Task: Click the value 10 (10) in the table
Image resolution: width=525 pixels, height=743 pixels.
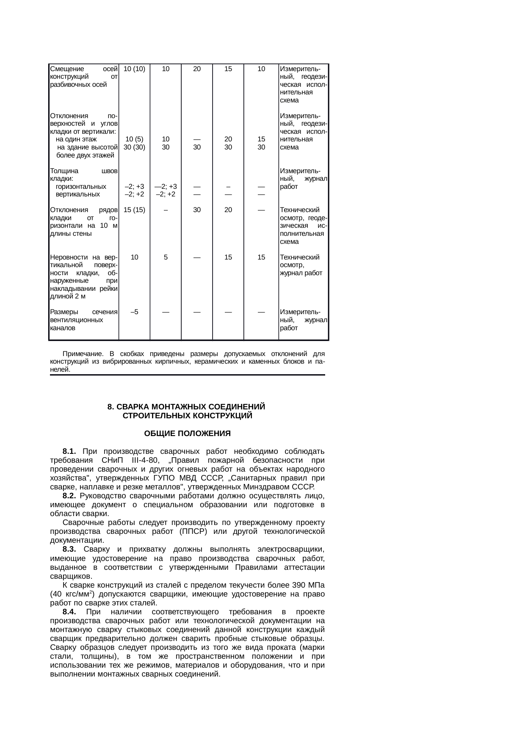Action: click(134, 69)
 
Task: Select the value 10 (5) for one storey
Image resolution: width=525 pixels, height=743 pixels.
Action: click(134, 139)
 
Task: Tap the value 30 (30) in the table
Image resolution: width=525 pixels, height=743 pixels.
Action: click(134, 147)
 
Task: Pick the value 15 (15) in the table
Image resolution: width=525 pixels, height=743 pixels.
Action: click(134, 210)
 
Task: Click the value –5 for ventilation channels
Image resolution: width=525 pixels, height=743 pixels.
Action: click(134, 312)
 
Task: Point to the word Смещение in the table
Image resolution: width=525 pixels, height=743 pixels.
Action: click(67, 69)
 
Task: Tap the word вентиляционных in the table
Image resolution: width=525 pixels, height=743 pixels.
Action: click(76, 320)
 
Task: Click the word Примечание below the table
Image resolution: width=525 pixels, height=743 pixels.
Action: click(83, 354)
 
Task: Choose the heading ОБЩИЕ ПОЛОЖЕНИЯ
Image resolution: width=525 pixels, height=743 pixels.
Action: click(187, 434)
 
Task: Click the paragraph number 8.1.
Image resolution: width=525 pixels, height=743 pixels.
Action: click(69, 450)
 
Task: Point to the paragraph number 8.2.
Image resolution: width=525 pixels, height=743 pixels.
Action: click(69, 496)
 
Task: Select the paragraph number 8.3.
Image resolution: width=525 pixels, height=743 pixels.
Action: click(69, 550)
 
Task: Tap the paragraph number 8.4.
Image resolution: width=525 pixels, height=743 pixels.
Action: click(69, 612)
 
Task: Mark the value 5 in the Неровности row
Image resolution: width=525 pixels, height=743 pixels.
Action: click(166, 257)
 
